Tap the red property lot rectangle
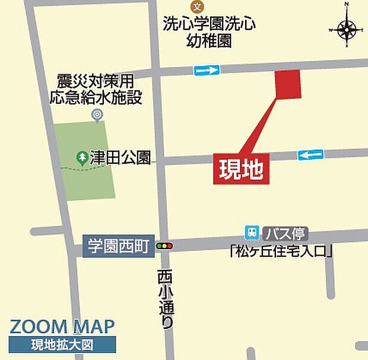point(288,84)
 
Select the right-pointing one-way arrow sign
point(207,70)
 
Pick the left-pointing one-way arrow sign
point(310,155)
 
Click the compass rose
point(347,28)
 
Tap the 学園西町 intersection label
point(118,246)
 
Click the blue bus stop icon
point(252,232)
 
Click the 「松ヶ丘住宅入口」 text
point(280,251)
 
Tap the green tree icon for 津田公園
point(81,158)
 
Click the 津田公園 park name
point(121,158)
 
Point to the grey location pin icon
point(97,115)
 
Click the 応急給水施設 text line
point(96,97)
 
